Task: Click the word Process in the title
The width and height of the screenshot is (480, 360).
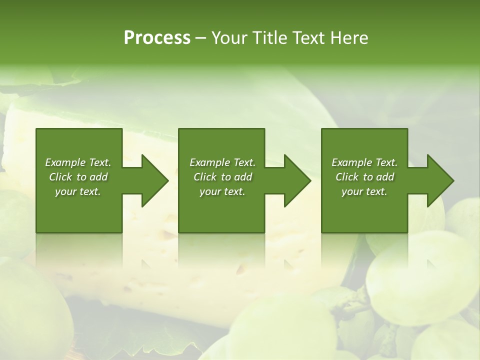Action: coord(157,38)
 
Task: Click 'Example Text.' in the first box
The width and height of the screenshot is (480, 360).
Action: coord(78,162)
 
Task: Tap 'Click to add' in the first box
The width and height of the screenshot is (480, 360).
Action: coord(78,177)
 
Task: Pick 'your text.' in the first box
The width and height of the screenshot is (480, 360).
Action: coord(78,191)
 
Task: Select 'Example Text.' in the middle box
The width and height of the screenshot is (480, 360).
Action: coord(222,162)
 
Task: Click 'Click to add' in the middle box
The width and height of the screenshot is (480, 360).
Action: coord(222,177)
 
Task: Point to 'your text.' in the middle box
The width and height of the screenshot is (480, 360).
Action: coord(222,191)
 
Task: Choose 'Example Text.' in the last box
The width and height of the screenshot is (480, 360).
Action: coord(364,162)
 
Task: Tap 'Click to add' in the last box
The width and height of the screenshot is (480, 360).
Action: coord(364,177)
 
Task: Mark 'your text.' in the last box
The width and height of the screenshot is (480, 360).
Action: coord(364,191)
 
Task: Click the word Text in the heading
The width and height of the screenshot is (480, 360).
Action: coord(306,38)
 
